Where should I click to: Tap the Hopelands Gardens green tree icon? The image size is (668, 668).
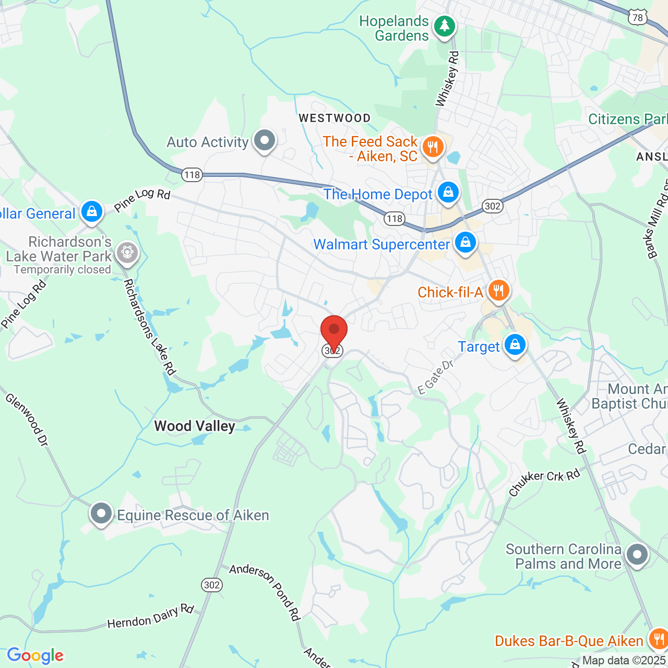[x=444, y=26]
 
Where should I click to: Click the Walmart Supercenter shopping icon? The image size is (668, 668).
[x=465, y=242]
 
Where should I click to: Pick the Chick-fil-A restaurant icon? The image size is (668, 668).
[x=498, y=290]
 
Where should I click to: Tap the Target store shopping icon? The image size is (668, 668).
[x=515, y=345]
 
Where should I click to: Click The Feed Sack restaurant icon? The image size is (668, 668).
[x=433, y=147]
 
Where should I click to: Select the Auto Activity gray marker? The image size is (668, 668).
[x=265, y=140]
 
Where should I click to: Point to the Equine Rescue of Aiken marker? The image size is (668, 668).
[x=101, y=514]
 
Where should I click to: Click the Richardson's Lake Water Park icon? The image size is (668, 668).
[x=127, y=253]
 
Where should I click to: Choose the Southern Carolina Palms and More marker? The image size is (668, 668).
[x=637, y=554]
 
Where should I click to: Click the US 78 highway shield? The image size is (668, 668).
[x=637, y=18]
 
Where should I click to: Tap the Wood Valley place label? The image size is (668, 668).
[x=195, y=426]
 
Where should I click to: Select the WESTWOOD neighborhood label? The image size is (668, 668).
[x=335, y=118]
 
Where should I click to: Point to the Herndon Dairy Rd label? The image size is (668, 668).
[x=150, y=616]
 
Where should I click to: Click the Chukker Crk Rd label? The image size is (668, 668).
[x=544, y=483]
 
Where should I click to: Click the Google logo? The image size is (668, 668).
[x=35, y=655]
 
